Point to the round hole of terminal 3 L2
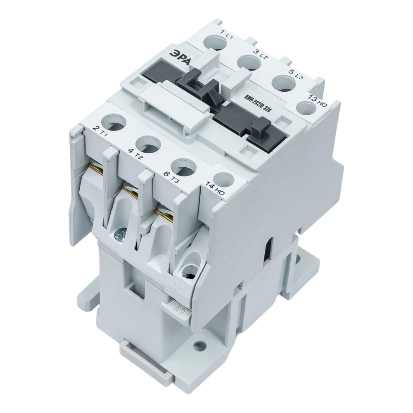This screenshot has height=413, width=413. [248, 62]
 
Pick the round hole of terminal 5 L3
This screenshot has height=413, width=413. [282, 81]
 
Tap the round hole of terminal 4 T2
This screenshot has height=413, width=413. [146, 145]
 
